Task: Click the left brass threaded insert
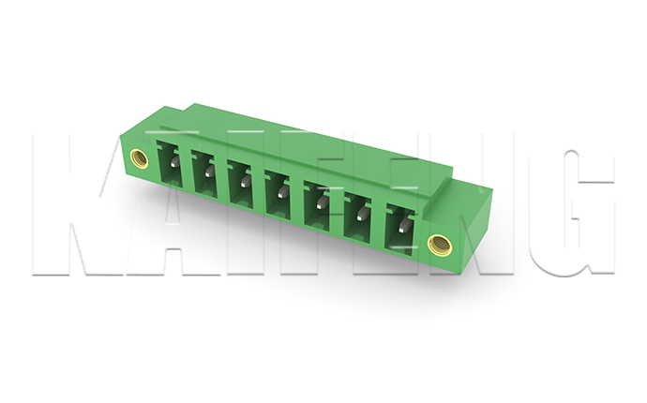point(138,157)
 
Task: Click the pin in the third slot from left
point(245,181)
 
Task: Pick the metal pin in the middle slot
point(283,191)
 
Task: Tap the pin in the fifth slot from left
point(322,201)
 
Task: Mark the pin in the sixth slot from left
point(362,213)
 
